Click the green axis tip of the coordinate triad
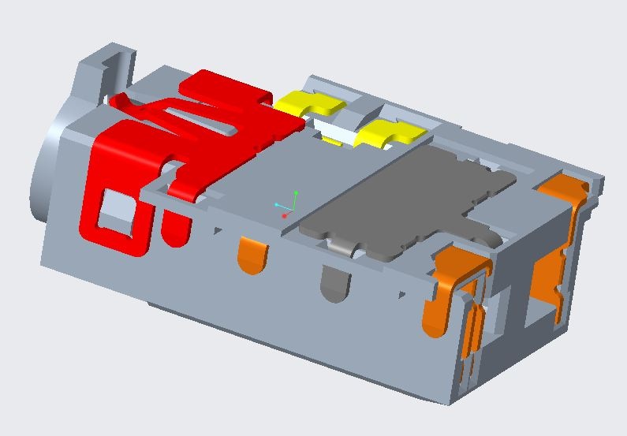tap(296, 192)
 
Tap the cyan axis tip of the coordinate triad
tap(277, 205)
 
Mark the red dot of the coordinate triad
tap(285, 215)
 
